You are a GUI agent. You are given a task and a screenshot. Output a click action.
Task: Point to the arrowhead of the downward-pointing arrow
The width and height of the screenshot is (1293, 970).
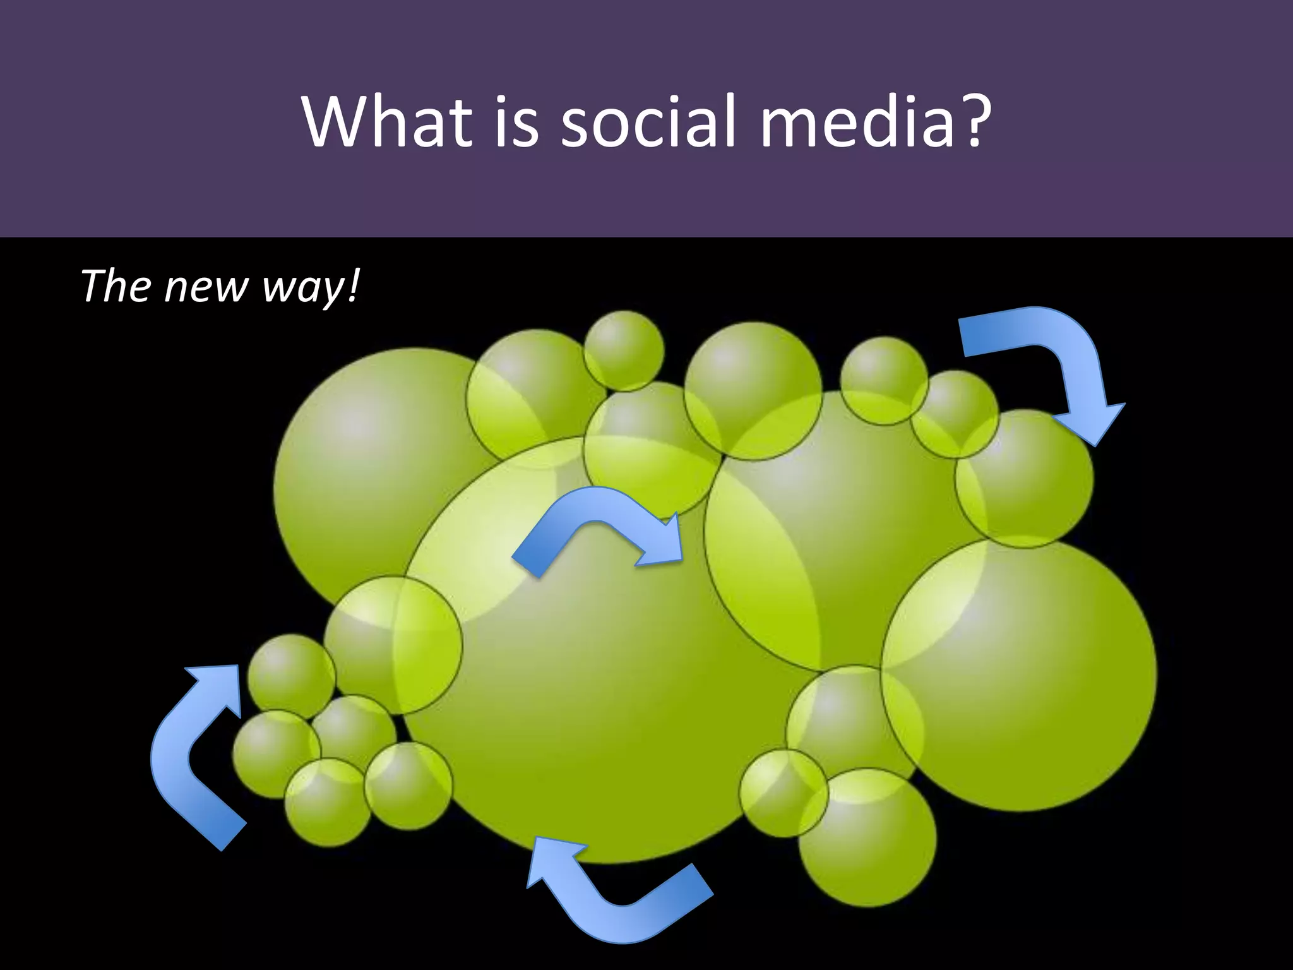(x=1099, y=423)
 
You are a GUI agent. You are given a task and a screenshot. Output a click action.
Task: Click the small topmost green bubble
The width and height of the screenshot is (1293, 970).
(x=624, y=350)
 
